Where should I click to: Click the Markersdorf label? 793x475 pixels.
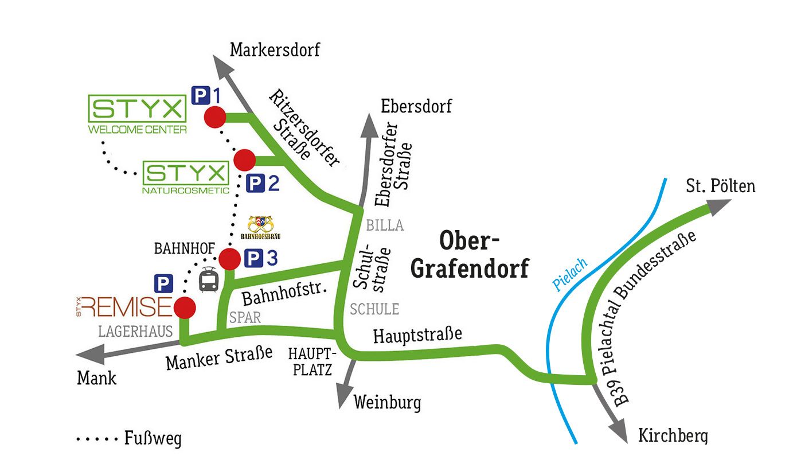(275, 50)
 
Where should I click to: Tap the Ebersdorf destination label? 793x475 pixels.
(416, 106)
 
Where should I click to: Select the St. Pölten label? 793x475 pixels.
(721, 186)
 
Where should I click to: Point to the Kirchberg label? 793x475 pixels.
(673, 436)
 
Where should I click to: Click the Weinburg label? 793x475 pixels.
(387, 402)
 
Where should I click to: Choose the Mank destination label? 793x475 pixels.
(96, 378)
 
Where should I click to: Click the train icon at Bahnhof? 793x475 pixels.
(208, 280)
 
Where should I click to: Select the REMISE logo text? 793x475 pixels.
(126, 307)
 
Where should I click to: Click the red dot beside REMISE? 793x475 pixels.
(184, 308)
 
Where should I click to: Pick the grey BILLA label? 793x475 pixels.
(385, 225)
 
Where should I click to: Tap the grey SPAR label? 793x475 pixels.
(245, 317)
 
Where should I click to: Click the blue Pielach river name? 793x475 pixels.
(570, 275)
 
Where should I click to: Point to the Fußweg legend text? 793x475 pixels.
(153, 439)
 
